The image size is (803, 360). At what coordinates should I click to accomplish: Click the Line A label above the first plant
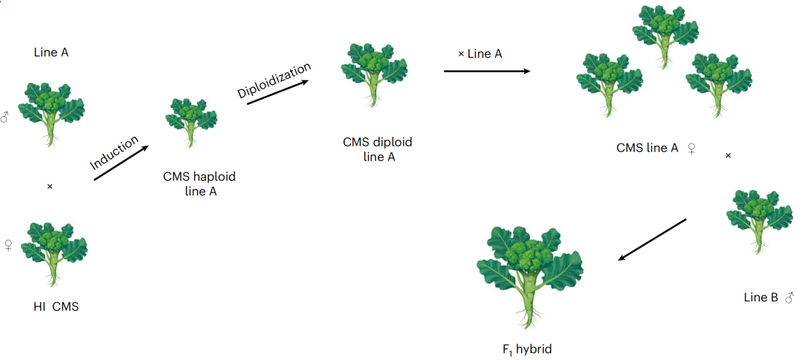[51, 52]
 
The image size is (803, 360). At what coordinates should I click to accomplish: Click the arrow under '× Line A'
[486, 71]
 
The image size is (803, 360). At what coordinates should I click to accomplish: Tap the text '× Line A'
[480, 54]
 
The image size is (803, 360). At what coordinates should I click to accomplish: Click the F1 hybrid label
[527, 347]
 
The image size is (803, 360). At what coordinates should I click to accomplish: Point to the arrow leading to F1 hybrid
[652, 239]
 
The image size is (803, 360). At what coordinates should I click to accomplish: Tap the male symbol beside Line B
[789, 298]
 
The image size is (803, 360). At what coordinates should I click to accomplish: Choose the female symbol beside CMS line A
[691, 148]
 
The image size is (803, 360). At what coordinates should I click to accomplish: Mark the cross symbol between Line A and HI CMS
[50, 186]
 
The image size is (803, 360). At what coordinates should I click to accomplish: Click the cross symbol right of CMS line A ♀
[728, 155]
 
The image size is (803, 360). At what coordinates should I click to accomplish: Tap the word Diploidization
[274, 80]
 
